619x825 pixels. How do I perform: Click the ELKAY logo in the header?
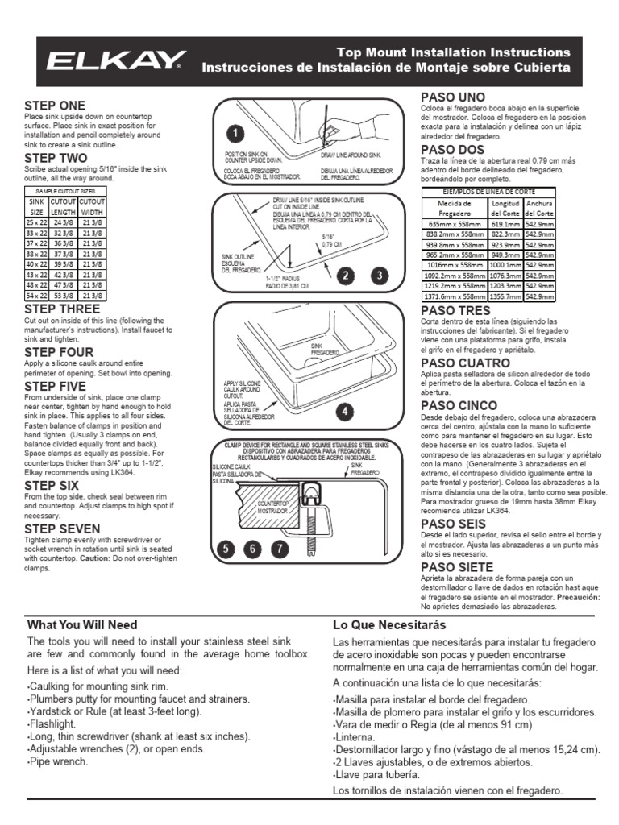coord(118,60)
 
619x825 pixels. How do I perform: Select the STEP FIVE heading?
coord(55,387)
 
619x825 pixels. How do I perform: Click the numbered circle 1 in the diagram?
coord(234,133)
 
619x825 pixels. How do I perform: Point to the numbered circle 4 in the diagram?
coord(345,411)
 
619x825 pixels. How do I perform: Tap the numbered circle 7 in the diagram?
coord(279,550)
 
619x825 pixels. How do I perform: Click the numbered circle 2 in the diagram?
coord(346,276)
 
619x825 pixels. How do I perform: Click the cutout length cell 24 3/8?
coord(63,222)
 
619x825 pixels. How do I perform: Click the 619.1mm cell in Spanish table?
coord(505,223)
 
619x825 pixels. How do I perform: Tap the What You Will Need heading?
coord(82,624)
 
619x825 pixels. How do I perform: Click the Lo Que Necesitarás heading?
coord(388,624)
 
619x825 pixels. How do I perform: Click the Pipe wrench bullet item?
coord(59,761)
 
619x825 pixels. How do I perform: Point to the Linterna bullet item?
coord(356,737)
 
